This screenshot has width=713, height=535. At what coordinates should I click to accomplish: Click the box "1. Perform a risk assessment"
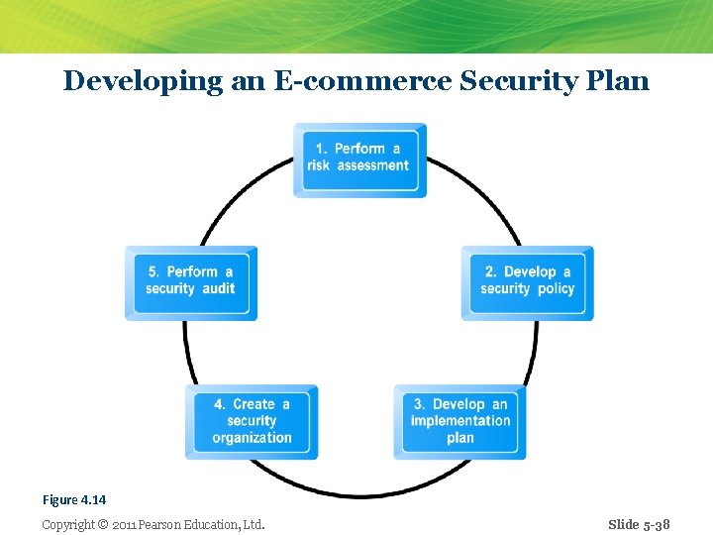[359, 159]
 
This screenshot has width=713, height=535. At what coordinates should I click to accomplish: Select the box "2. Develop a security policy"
[527, 281]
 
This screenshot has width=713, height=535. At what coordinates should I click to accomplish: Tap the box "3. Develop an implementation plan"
[459, 421]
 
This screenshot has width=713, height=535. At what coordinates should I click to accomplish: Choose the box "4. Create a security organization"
[252, 421]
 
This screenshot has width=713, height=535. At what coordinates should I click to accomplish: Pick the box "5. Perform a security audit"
[191, 281]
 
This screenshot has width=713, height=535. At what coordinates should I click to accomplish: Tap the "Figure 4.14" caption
[73, 500]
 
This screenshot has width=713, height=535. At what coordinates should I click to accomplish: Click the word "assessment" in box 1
[373, 165]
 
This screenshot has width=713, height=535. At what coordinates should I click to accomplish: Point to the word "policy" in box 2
[556, 288]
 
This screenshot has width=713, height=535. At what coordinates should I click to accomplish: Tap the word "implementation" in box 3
[460, 420]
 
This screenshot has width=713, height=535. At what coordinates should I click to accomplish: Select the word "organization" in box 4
[252, 437]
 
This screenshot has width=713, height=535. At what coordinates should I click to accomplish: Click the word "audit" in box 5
[218, 288]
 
